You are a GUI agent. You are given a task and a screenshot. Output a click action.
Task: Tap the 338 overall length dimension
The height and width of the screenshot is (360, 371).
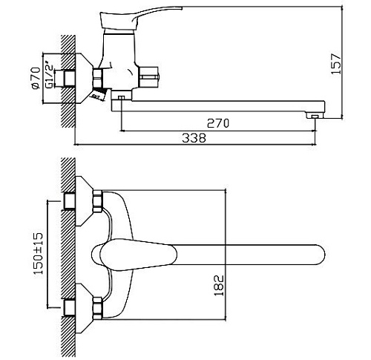[194, 137]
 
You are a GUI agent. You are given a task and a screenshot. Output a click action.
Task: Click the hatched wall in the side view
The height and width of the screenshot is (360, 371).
[68, 82]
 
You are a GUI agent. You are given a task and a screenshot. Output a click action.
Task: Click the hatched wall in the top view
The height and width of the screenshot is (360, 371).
[68, 252]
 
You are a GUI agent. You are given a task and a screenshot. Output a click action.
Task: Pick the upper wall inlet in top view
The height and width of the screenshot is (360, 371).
[70, 200]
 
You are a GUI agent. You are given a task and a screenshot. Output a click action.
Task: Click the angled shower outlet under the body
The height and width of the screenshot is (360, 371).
[96, 96]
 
